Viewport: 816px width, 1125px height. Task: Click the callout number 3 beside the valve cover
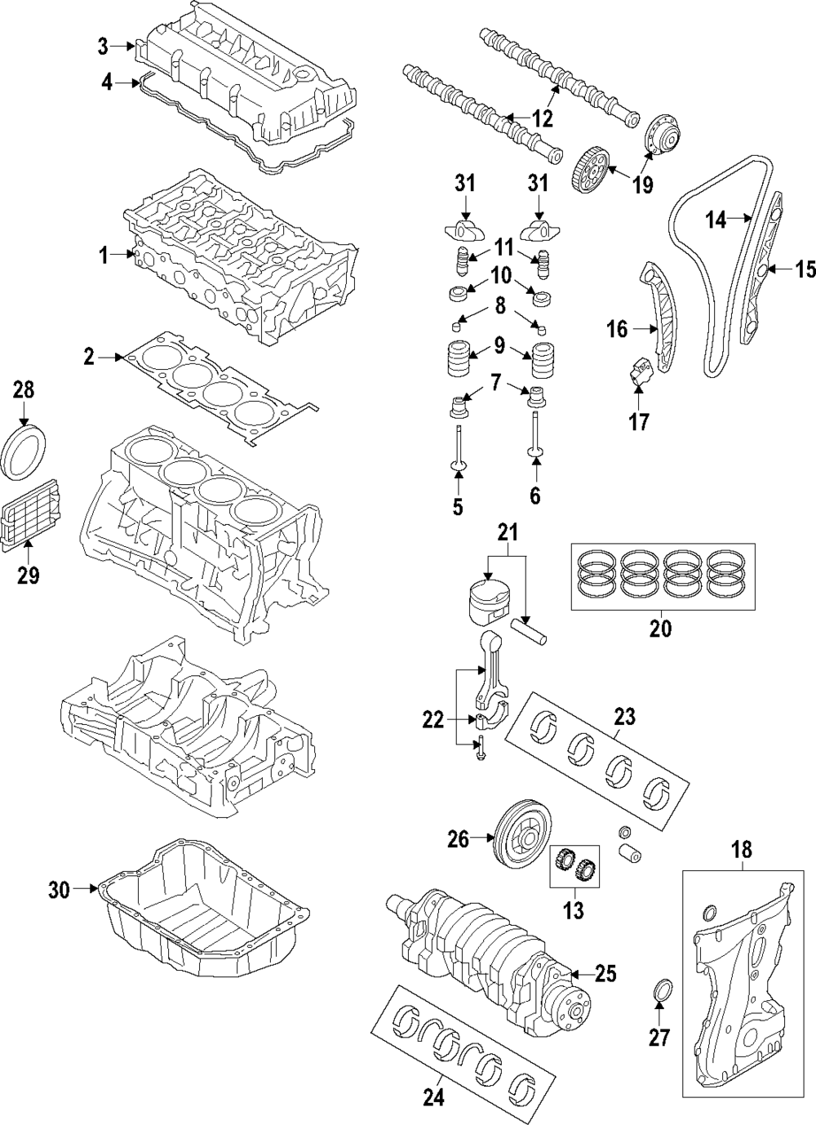click(103, 47)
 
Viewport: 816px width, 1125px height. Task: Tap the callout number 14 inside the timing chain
click(716, 219)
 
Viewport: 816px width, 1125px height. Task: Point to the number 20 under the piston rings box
click(661, 629)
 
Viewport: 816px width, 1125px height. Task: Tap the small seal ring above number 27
click(663, 989)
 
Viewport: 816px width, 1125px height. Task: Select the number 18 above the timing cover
click(741, 849)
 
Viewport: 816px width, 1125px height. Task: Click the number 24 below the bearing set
click(434, 1098)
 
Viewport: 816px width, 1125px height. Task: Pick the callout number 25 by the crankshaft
click(605, 973)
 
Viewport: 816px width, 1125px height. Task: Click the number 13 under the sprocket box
click(574, 910)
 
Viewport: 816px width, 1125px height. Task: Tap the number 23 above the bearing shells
click(624, 717)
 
